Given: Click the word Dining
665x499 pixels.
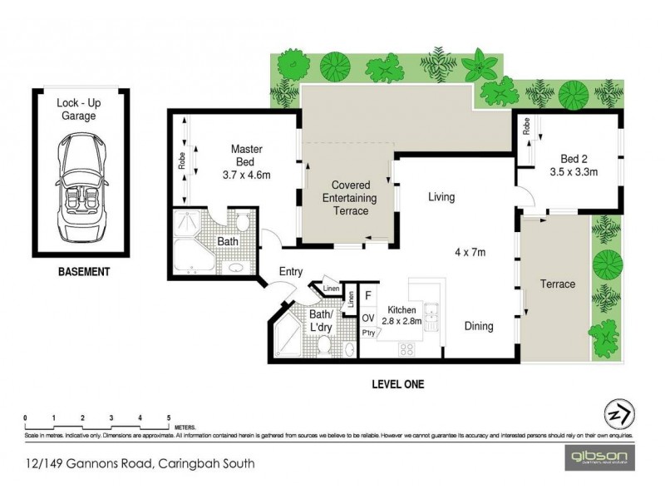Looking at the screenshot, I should click(x=479, y=327).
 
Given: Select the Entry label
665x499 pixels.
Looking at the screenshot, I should click(x=290, y=272).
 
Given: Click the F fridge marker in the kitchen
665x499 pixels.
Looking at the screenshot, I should click(x=367, y=294).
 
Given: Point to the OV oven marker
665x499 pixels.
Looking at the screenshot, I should click(x=367, y=316).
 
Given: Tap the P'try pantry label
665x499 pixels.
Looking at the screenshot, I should click(x=367, y=333).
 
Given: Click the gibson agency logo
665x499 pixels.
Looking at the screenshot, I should click(x=600, y=456).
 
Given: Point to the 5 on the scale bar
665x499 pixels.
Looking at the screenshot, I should click(x=169, y=417).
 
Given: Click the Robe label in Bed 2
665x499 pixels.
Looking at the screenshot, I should click(x=526, y=126).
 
